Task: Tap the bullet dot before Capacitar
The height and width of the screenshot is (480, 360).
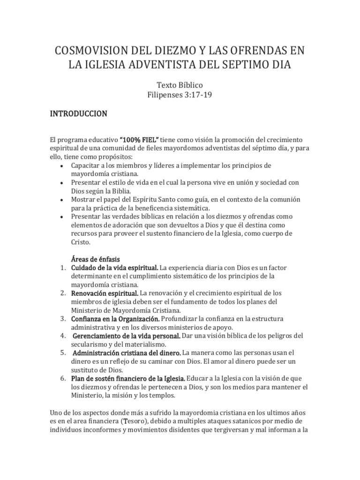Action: coord(62,166)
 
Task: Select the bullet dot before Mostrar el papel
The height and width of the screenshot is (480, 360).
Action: coord(62,200)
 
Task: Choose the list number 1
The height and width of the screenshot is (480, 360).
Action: coord(62,268)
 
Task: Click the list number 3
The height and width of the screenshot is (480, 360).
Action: coord(62,319)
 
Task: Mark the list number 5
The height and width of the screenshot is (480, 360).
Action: coord(62,352)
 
